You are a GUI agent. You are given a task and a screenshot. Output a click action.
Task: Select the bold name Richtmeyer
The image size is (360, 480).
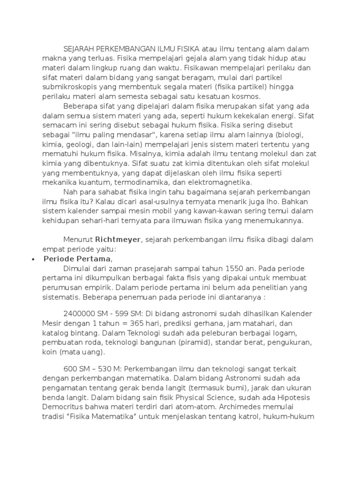[119, 240]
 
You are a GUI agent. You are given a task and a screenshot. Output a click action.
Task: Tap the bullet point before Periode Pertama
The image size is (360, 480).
[33, 259]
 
